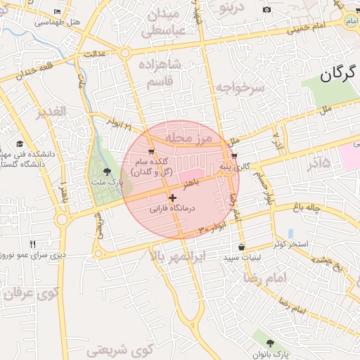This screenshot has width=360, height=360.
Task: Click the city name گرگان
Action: pos(339,74)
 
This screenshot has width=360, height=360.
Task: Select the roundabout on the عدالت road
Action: pos(126,53)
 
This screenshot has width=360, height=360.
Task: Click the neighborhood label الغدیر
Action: pos(51,111)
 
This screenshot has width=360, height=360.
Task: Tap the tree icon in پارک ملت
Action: pos(107,171)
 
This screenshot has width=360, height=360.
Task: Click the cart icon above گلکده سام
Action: pos(150,152)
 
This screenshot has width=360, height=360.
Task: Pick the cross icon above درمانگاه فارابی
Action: pos(172,198)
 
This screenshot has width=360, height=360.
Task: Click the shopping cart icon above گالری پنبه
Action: pos(233,156)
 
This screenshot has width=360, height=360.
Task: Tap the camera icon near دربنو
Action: pos(266,9)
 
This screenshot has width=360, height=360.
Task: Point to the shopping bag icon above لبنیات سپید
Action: pos(242,247)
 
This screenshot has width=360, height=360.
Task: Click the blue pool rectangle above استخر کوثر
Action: pos(290,233)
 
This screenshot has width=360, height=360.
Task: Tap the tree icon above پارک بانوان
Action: pos(271,342)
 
